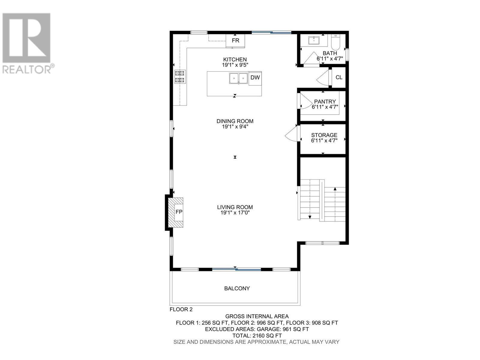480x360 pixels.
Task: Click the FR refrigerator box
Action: click(235, 40)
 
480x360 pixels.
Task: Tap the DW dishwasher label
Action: click(255, 78)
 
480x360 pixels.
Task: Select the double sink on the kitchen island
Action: click(238, 78)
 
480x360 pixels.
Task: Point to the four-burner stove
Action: click(180, 76)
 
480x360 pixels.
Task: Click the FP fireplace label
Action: click(179, 212)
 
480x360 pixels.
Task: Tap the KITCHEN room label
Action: click(235, 60)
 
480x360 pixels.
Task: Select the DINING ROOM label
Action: click(235, 121)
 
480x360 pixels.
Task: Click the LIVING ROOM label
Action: click(235, 207)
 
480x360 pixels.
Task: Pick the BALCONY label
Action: click(237, 288)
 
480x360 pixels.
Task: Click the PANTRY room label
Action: click(325, 102)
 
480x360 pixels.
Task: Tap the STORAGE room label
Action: click(324, 135)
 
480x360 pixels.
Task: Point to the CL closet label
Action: click(339, 77)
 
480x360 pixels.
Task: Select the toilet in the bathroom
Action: click(335, 42)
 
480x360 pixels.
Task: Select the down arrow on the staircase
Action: click(310, 217)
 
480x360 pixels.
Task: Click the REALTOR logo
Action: click(27, 43)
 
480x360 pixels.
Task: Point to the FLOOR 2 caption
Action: click(181, 309)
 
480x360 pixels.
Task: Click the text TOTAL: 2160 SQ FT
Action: click(257, 335)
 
